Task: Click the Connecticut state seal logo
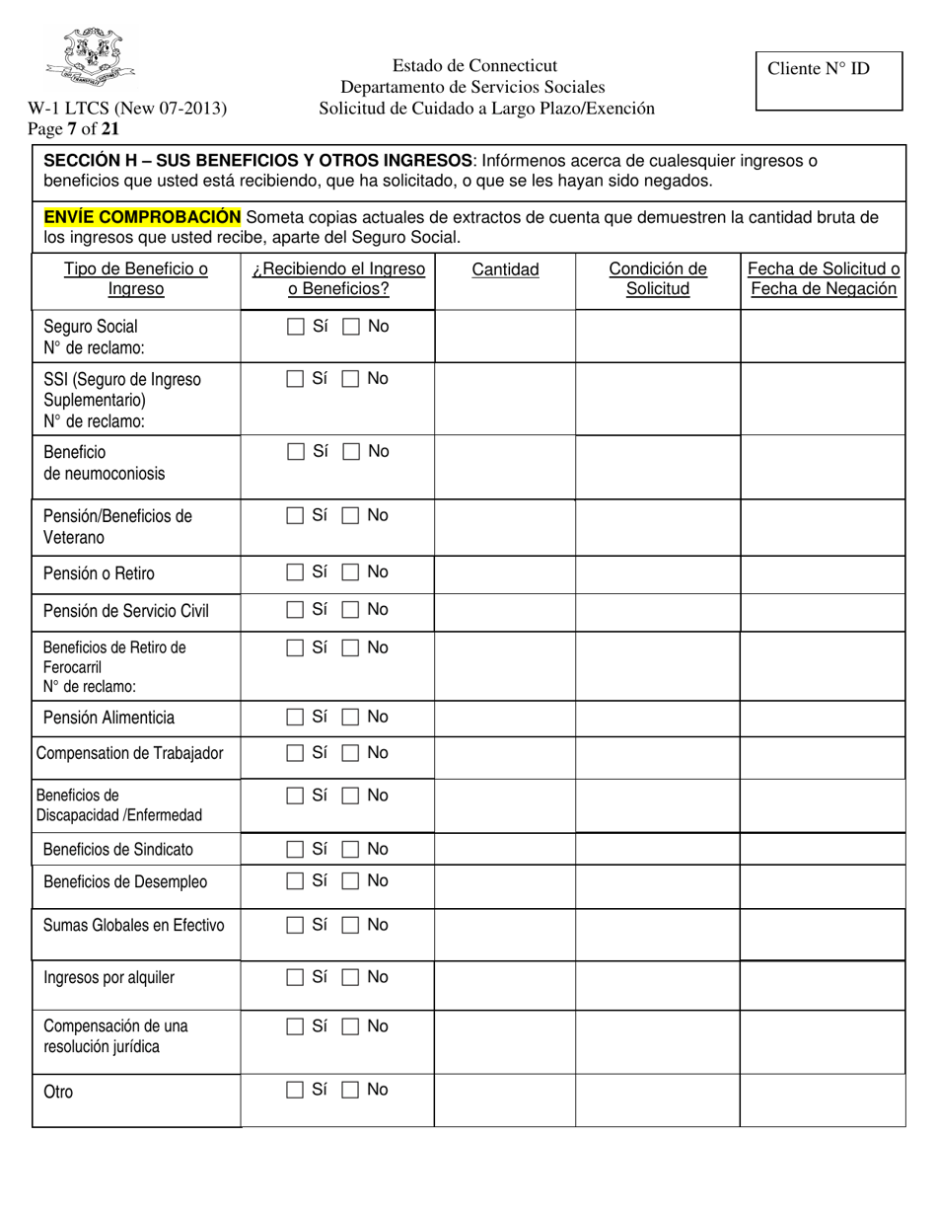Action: click(x=90, y=57)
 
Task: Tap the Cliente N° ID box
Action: click(x=829, y=80)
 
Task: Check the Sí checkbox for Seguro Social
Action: click(x=296, y=327)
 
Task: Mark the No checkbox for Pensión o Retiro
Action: click(x=351, y=573)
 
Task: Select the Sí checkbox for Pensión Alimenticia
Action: click(x=296, y=718)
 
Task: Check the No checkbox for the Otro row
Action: click(x=351, y=1091)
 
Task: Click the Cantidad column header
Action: click(x=505, y=269)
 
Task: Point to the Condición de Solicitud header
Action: click(x=658, y=279)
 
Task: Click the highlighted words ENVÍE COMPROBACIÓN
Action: click(x=142, y=217)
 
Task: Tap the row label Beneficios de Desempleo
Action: click(x=125, y=882)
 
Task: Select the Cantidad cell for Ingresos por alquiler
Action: click(x=505, y=984)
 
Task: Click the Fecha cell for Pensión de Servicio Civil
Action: click(x=823, y=612)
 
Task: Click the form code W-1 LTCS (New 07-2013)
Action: click(x=127, y=109)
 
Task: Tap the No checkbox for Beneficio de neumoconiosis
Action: click(x=351, y=452)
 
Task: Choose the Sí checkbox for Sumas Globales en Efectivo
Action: click(x=296, y=926)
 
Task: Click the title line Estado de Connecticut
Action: click(x=474, y=66)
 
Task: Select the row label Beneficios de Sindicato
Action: click(x=118, y=850)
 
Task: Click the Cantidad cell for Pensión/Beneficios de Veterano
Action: click(x=505, y=527)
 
